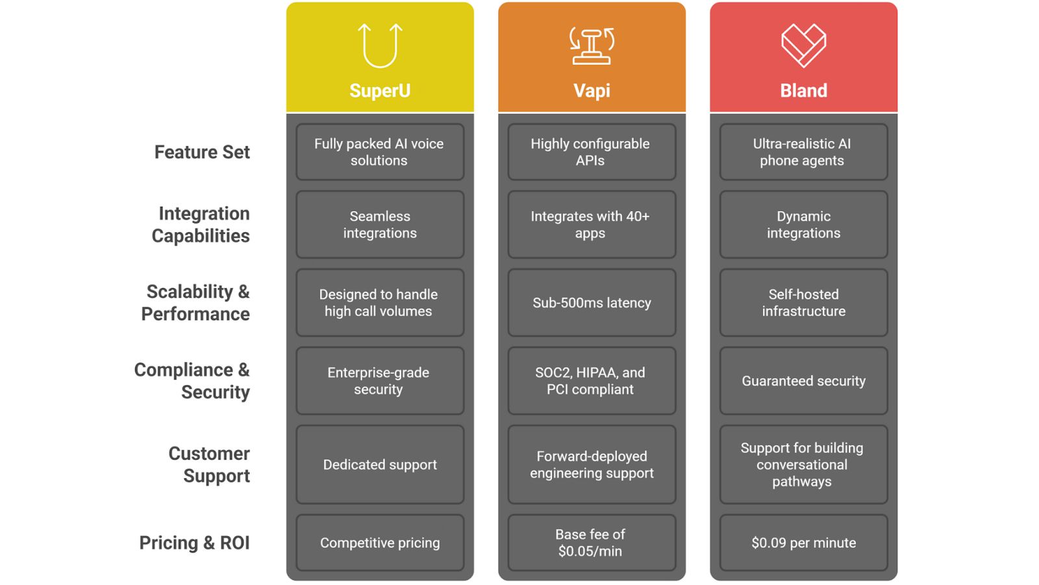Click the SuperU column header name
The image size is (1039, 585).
pyautogui.click(x=380, y=90)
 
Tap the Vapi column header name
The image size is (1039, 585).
pyautogui.click(x=592, y=90)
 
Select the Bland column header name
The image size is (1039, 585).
pyautogui.click(x=803, y=90)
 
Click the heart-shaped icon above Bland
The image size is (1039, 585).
pyautogui.click(x=803, y=45)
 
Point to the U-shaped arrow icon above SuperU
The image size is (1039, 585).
pyautogui.click(x=380, y=45)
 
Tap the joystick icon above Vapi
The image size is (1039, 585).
pyautogui.click(x=592, y=45)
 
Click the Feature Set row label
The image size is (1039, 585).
pyautogui.click(x=202, y=152)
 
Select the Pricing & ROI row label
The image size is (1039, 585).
pyautogui.click(x=194, y=543)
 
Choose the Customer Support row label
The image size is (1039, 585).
pyautogui.click(x=209, y=465)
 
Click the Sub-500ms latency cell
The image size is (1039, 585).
pyautogui.click(x=592, y=303)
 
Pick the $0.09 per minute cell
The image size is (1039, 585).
pyautogui.click(x=803, y=543)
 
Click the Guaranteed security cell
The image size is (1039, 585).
pyautogui.click(x=803, y=381)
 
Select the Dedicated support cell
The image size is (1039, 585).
pyautogui.click(x=380, y=465)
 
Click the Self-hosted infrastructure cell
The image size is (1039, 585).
pyautogui.click(x=803, y=303)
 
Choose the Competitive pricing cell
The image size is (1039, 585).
pyautogui.click(x=380, y=543)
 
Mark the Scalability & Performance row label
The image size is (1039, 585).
pyautogui.click(x=195, y=303)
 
